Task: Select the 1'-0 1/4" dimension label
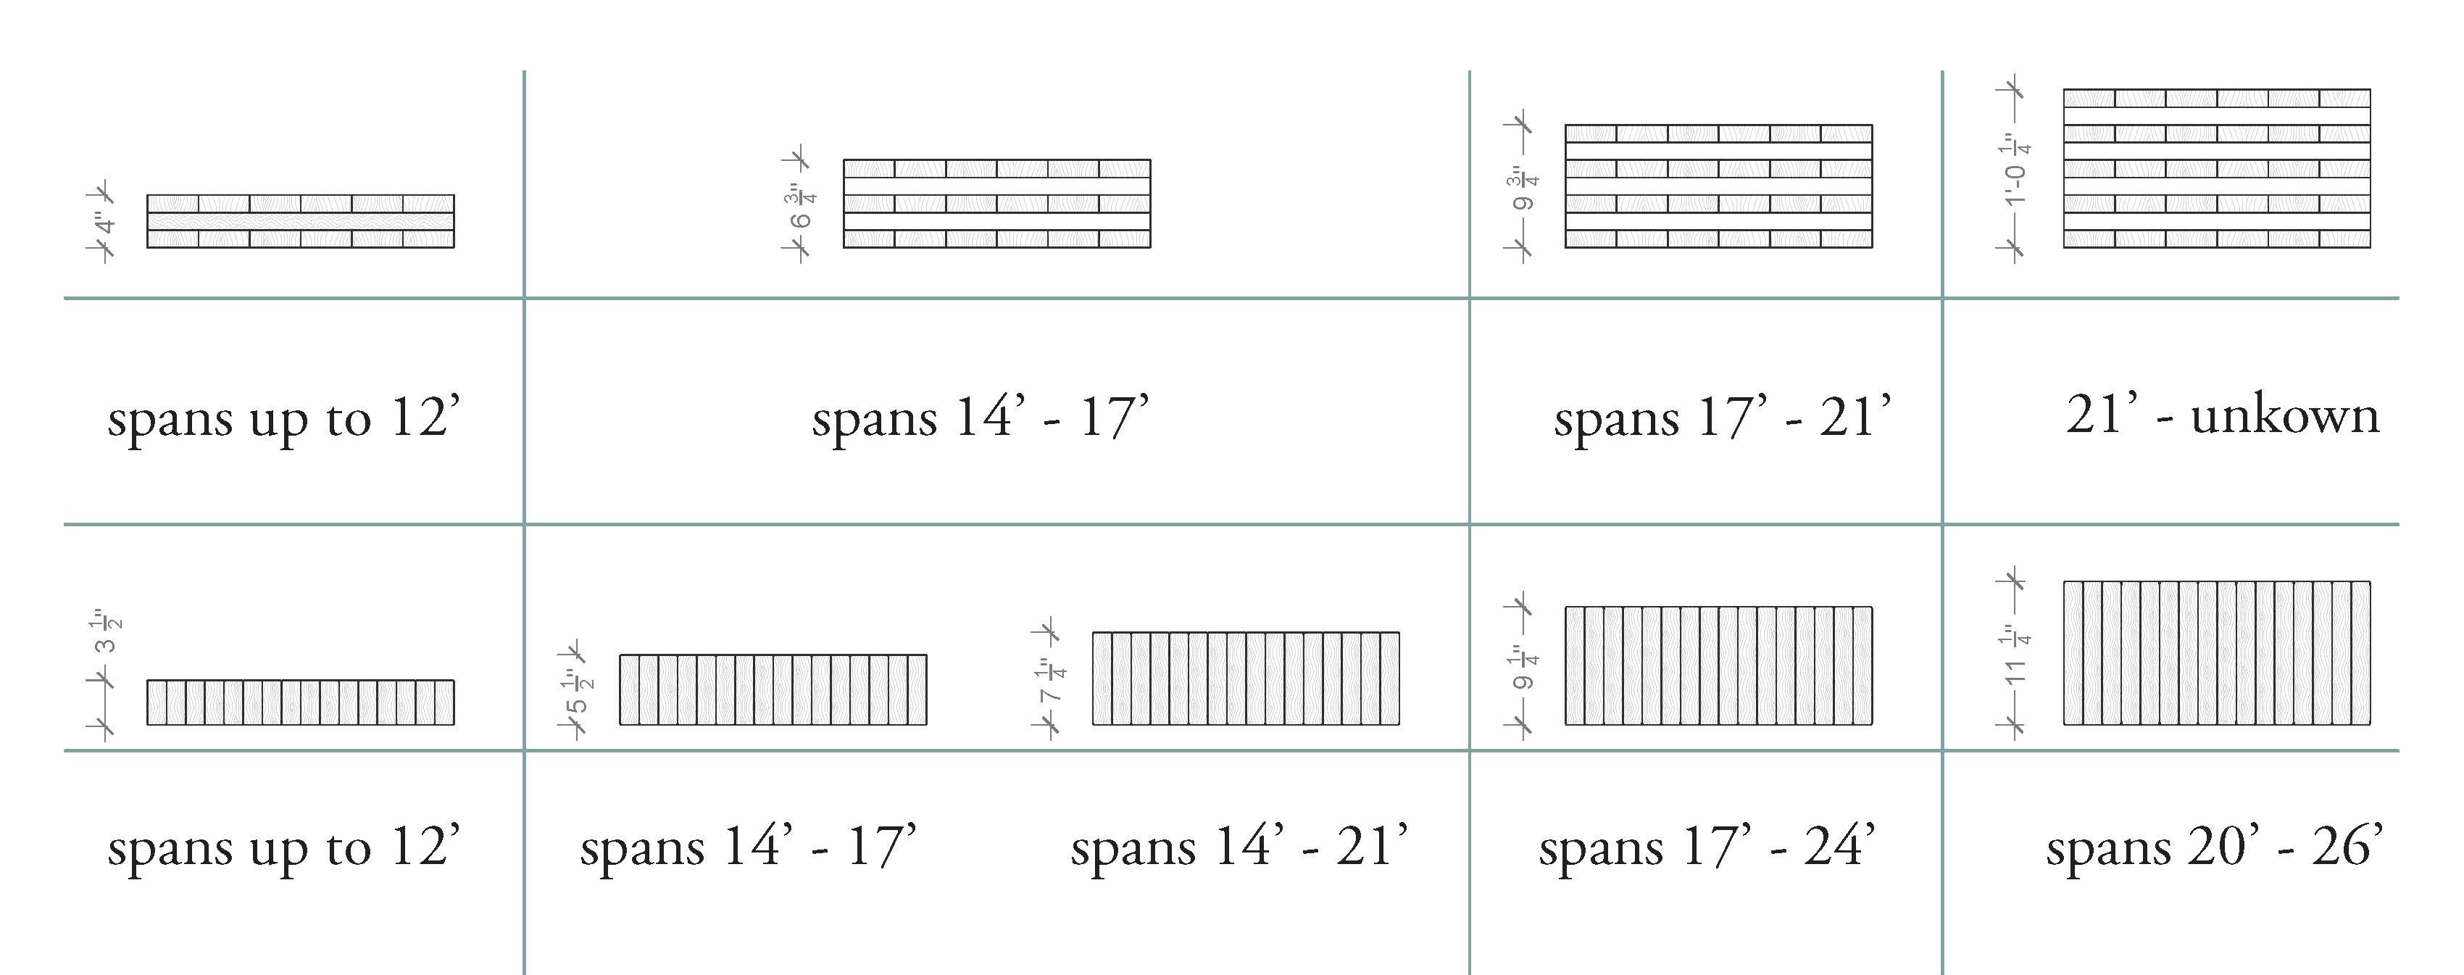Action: pyautogui.click(x=2015, y=171)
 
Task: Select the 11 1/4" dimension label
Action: pyautogui.click(x=2015, y=655)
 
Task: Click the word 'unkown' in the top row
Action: pyautogui.click(x=2284, y=416)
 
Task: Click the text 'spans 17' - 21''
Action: pyautogui.click(x=1722, y=418)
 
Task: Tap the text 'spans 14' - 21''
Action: pyautogui.click(x=1239, y=847)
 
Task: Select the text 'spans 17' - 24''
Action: pyautogui.click(x=1707, y=847)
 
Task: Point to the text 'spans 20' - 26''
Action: pyautogui.click(x=2213, y=847)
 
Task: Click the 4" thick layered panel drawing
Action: pyautogui.click(x=300, y=221)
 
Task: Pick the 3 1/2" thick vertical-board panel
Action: pyautogui.click(x=300, y=702)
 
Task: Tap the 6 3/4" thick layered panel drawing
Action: pyautogui.click(x=996, y=204)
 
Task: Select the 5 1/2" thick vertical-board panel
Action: pyautogui.click(x=773, y=689)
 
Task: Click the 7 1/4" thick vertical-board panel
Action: pyautogui.click(x=1245, y=679)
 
